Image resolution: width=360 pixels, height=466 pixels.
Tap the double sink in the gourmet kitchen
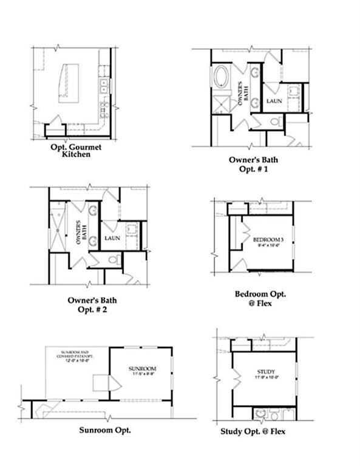104,85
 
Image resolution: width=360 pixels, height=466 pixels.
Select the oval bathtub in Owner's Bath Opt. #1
220,80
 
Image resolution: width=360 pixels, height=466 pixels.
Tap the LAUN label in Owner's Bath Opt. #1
274,100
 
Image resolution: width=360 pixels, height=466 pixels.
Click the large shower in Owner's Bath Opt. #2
58,230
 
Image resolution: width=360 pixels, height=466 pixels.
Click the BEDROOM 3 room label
268,240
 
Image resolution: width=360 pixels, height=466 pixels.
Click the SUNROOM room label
142,369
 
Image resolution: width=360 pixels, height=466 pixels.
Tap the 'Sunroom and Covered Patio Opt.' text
73,356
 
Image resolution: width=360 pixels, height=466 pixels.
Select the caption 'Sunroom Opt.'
105,430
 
